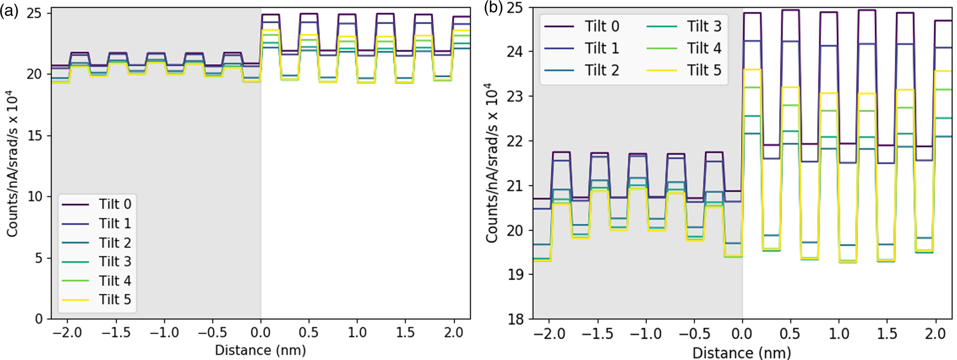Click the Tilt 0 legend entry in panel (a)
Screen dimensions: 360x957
point(115,204)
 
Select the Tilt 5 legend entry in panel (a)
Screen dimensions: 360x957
point(115,300)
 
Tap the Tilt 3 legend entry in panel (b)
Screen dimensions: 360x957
point(704,26)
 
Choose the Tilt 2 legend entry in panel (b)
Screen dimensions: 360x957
point(601,71)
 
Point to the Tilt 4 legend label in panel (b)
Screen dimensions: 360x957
point(704,48)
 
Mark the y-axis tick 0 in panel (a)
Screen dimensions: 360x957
point(39,319)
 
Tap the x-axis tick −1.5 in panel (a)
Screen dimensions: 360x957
point(116,333)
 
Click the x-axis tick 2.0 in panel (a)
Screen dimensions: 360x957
point(453,333)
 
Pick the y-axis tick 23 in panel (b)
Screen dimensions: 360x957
point(515,96)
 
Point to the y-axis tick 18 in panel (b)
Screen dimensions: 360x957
point(515,319)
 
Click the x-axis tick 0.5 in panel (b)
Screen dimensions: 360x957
point(790,335)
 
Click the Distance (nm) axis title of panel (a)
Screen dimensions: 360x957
point(260,350)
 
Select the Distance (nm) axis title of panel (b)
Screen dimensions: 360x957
point(741,353)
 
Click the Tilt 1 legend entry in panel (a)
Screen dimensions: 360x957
point(115,224)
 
